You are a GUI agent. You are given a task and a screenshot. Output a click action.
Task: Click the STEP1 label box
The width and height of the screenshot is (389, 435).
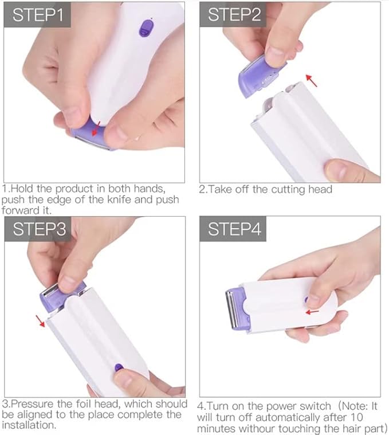click(37, 15)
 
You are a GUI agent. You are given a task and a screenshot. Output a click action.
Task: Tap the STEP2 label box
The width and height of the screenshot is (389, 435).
click(233, 14)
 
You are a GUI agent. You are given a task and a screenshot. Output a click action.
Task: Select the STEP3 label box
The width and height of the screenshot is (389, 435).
click(38, 229)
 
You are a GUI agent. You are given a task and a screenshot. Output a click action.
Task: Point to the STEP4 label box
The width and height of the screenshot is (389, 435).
click(233, 229)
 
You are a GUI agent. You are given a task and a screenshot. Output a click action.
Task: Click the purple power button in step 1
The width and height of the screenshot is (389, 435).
click(146, 28)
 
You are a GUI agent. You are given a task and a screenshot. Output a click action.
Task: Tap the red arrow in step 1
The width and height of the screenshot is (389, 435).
click(96, 129)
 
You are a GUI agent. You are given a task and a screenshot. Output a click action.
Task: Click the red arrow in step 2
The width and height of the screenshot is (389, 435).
click(311, 80)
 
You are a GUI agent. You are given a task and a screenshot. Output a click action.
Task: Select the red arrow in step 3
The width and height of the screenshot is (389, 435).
click(40, 321)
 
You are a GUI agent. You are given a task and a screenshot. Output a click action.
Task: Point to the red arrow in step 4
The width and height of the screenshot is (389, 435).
click(312, 312)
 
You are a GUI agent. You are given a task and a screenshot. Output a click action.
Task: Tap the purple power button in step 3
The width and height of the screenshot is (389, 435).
click(119, 368)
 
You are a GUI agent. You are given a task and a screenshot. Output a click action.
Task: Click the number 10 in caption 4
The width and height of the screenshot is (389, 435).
click(356, 417)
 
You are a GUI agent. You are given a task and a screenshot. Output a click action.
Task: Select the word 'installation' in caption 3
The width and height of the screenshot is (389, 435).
click(28, 425)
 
